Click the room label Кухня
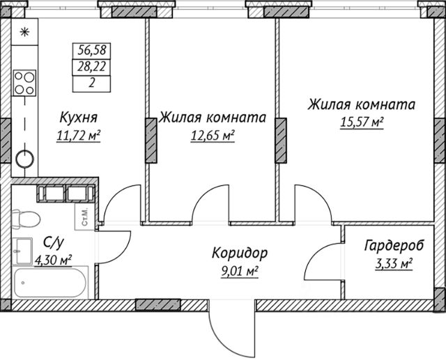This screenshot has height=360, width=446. [79, 117]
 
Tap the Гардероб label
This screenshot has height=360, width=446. [394, 246]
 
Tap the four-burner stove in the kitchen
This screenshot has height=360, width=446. [24, 84]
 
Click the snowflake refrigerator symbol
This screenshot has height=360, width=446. [24, 31]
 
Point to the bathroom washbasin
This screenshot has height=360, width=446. [22, 249]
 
